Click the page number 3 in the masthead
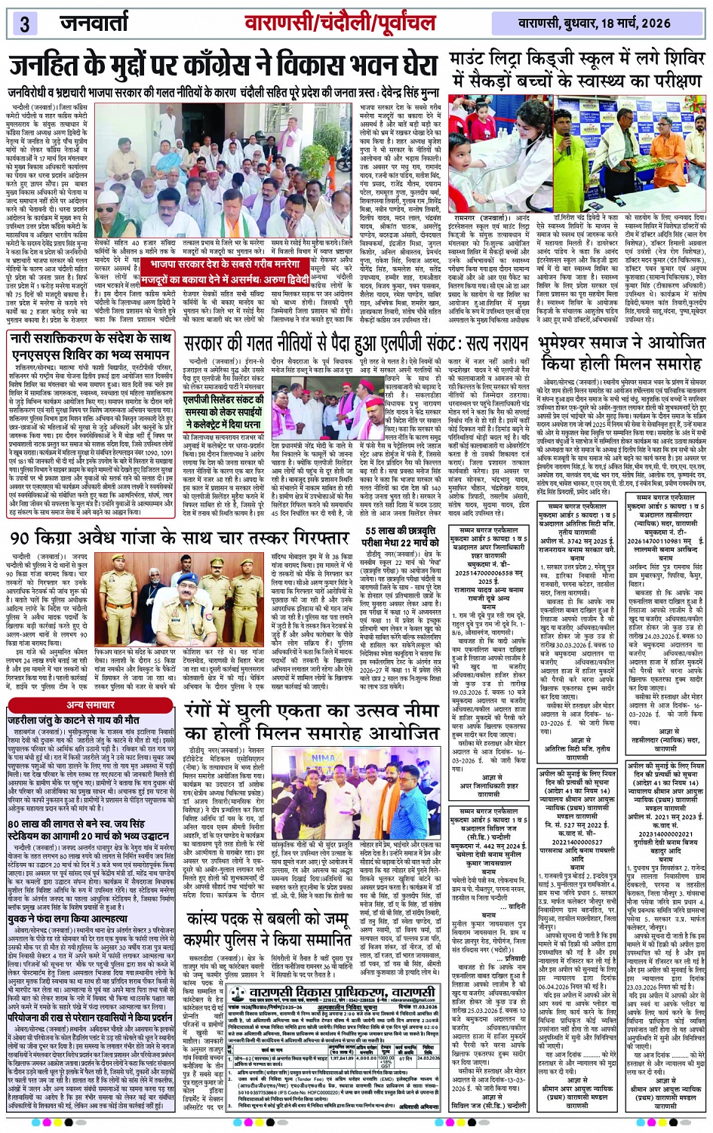tap(25, 23)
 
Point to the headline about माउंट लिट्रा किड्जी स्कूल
tap(577, 69)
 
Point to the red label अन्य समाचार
tap(91, 705)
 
